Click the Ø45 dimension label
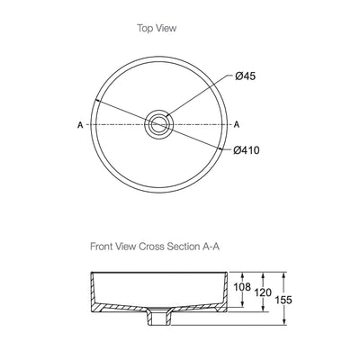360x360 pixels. [246, 76]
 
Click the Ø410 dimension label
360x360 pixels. [247, 150]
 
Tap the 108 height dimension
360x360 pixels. [242, 287]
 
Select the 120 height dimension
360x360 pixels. [263, 292]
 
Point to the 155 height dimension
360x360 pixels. [283, 300]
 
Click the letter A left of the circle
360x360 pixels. [80, 125]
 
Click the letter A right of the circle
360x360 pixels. [237, 124]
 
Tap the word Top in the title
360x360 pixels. [145, 29]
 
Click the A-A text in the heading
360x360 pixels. [210, 247]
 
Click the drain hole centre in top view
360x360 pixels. [158, 124]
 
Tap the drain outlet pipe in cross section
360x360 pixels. [158, 319]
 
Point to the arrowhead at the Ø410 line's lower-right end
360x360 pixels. [221, 148]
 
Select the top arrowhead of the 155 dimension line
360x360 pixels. [283, 274]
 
